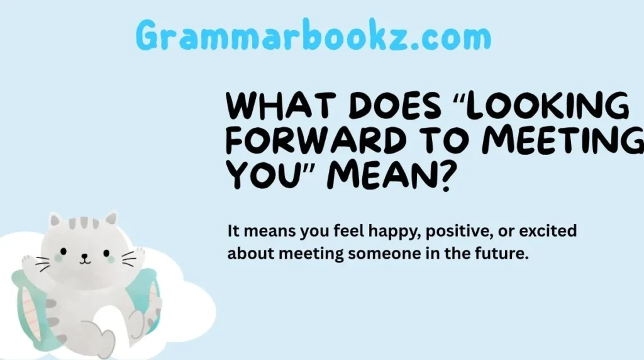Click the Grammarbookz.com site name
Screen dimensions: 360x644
pos(313,37)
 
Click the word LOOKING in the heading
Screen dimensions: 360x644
pos(551,107)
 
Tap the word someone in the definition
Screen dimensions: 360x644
pos(372,255)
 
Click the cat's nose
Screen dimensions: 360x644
pos(82,257)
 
